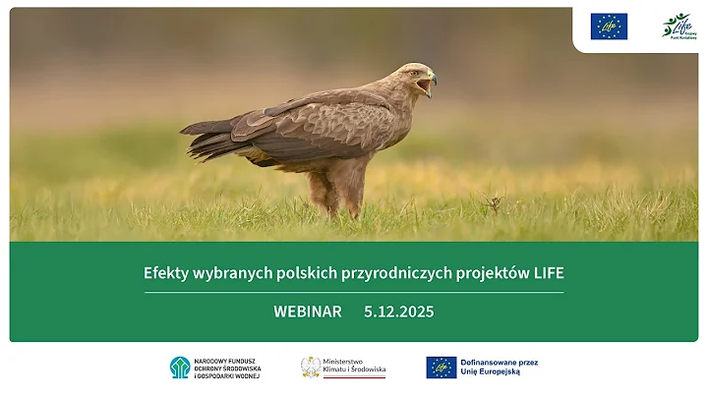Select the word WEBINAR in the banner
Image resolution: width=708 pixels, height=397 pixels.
point(308,312)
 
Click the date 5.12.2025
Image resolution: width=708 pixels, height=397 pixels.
point(398,312)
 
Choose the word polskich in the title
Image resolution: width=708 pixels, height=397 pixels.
point(304,273)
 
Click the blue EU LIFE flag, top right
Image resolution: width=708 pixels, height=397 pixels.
point(609,27)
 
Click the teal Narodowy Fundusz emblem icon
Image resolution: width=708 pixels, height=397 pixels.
point(180,368)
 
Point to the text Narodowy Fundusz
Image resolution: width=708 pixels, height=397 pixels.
point(224,361)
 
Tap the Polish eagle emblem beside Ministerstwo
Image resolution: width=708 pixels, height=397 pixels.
point(311,367)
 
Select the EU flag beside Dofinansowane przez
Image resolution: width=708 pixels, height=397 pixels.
point(442,367)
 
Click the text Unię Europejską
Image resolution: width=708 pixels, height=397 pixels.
point(498,372)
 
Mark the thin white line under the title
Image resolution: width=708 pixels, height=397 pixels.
point(354,292)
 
